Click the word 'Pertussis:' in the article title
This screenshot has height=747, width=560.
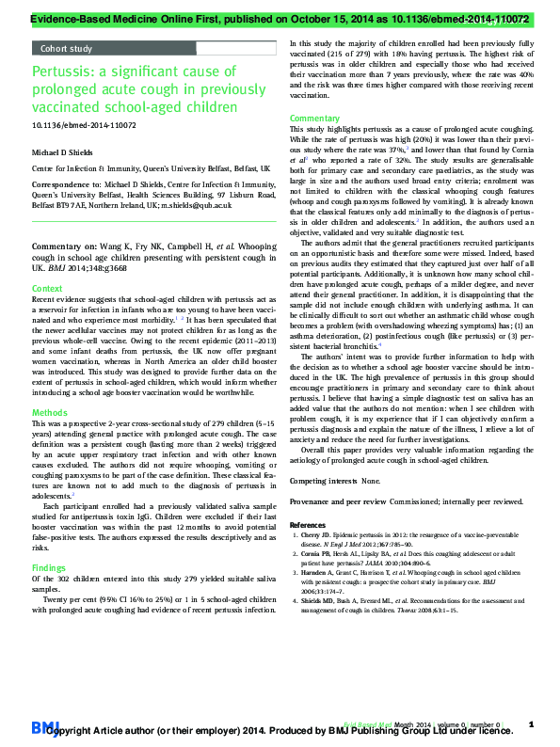pos(63,72)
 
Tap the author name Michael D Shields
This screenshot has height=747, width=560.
pos(66,151)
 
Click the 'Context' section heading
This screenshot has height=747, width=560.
pos(48,288)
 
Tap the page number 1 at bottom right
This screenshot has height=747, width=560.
pos(532,723)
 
